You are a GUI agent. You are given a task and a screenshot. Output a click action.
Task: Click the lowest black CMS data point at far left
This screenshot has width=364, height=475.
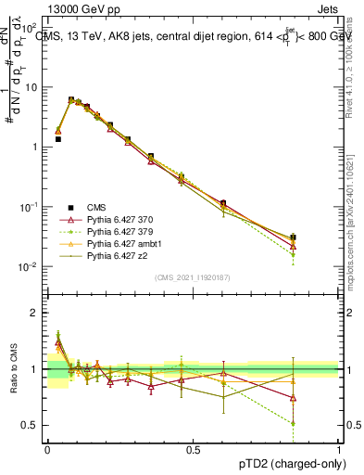click(x=58, y=139)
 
